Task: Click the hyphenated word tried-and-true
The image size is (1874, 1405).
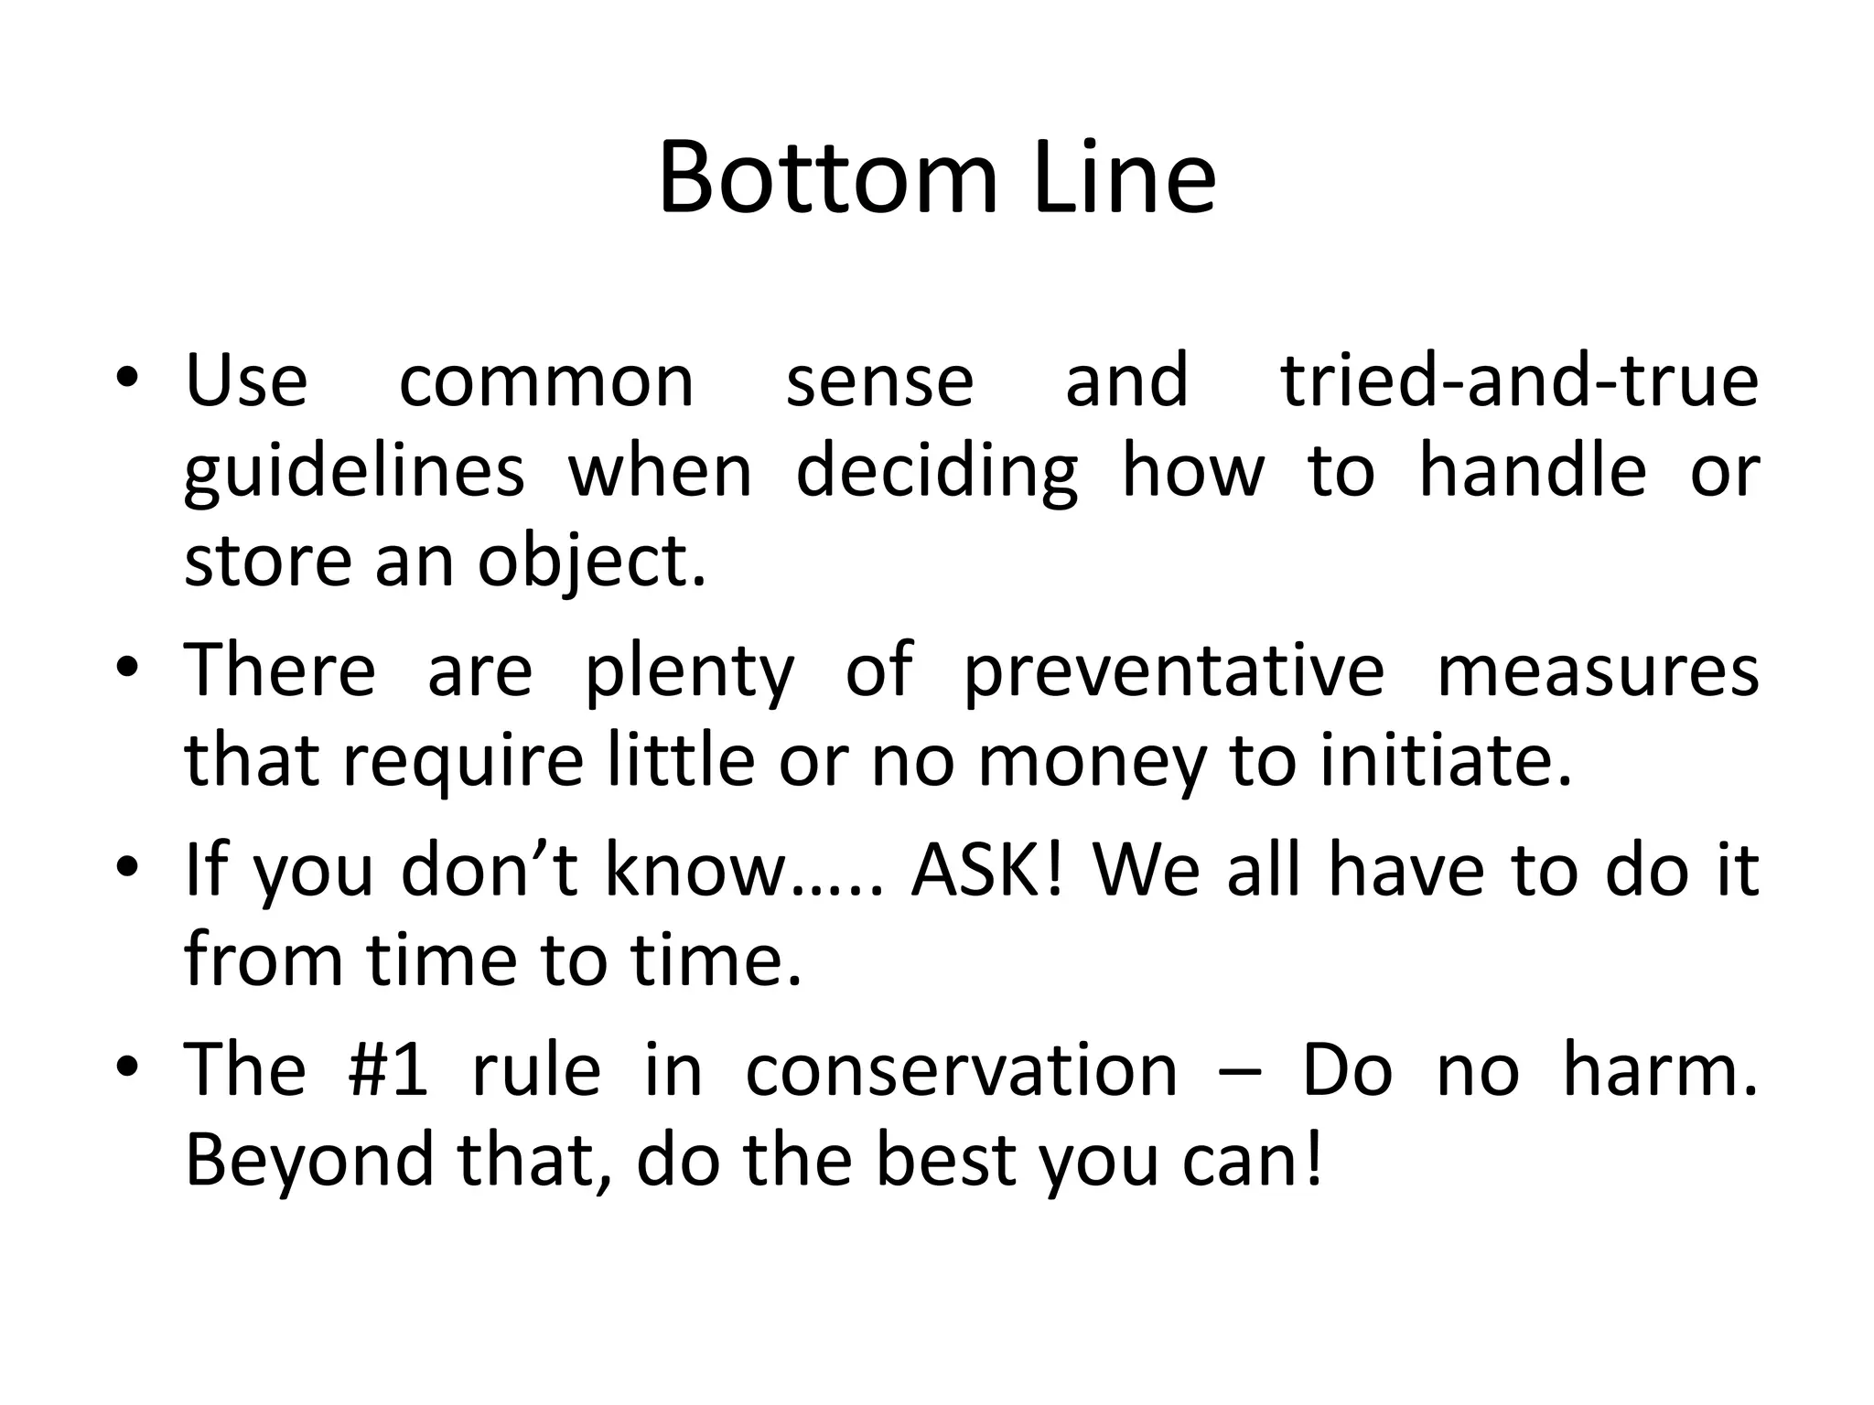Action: pyautogui.click(x=1519, y=381)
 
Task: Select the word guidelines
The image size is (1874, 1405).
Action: pyautogui.click(x=354, y=473)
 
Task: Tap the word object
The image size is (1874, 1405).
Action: pyautogui.click(x=592, y=562)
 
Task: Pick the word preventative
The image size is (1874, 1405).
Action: pyautogui.click(x=1174, y=670)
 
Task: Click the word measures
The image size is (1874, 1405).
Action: pyautogui.click(x=1598, y=670)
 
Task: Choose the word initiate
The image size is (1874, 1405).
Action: pyautogui.click(x=1446, y=760)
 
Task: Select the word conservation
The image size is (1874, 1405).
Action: pyautogui.click(x=962, y=1069)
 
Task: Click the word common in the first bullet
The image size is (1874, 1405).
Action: pyautogui.click(x=546, y=381)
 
